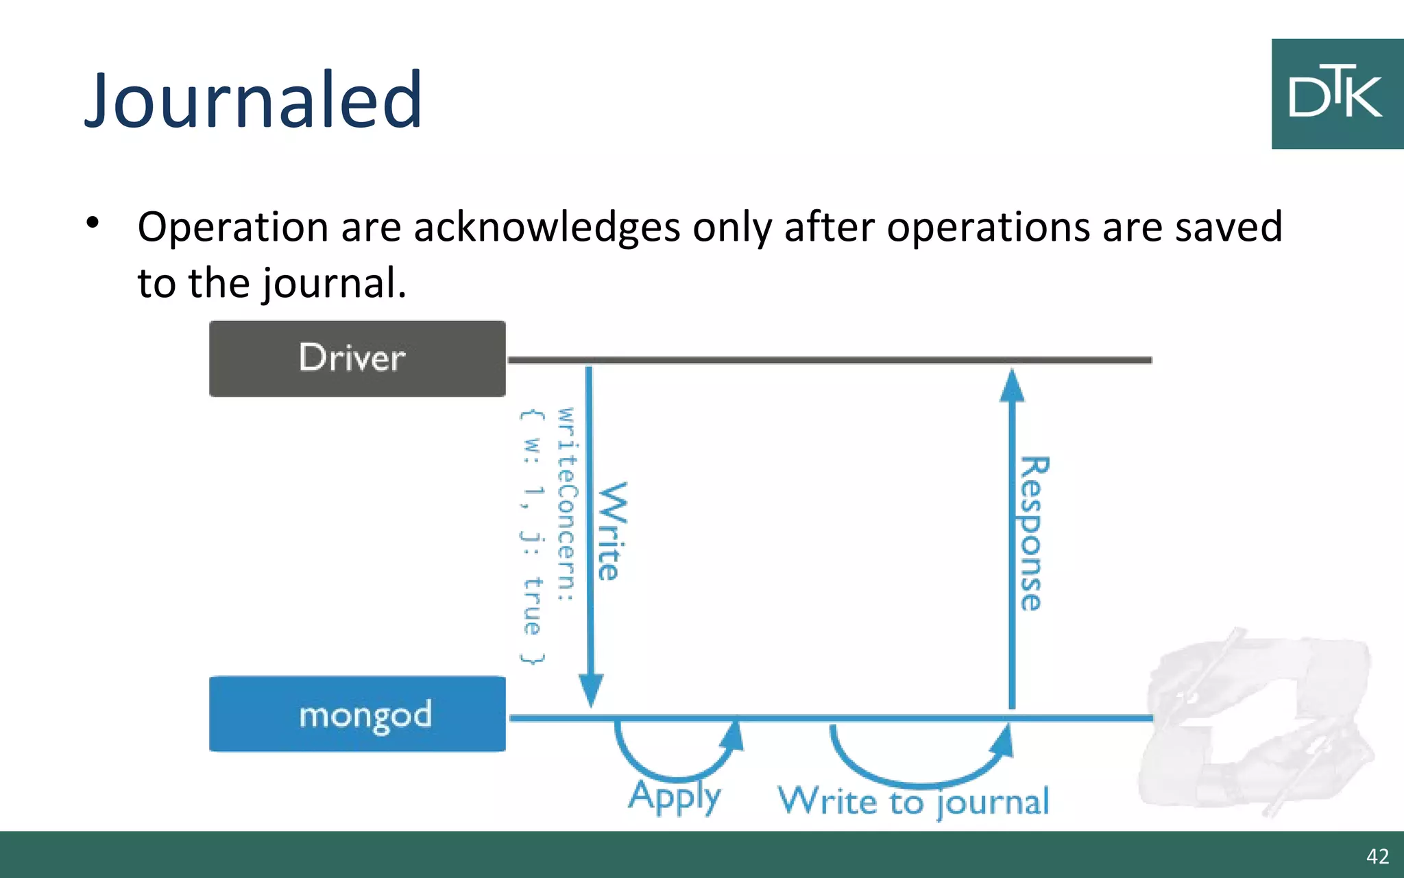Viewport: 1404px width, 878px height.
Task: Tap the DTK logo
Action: [x=1336, y=94]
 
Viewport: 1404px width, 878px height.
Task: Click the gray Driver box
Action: [x=357, y=358]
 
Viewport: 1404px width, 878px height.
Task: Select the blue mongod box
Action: [x=357, y=714]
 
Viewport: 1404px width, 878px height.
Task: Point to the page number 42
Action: [x=1377, y=856]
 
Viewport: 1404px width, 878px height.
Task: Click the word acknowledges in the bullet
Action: [x=546, y=227]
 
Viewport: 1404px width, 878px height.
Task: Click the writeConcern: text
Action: [x=566, y=504]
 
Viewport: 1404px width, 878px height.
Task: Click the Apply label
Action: [x=675, y=796]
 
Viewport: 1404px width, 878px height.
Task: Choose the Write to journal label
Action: [x=913, y=801]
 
